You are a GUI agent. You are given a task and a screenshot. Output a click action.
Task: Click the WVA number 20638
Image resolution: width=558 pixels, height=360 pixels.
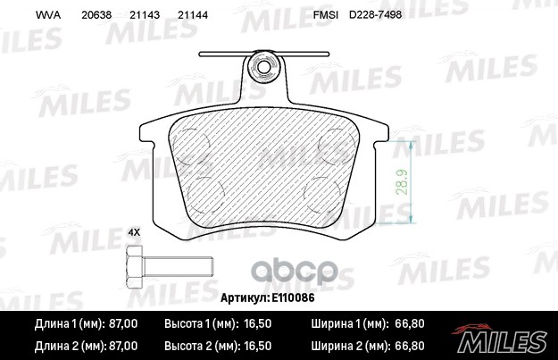[96, 16]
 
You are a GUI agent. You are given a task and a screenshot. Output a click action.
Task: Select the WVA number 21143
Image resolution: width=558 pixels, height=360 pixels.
[145, 16]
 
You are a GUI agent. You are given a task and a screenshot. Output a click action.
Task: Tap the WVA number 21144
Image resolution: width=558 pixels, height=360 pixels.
[194, 16]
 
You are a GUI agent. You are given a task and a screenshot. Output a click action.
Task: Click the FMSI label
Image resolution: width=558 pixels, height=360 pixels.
[325, 16]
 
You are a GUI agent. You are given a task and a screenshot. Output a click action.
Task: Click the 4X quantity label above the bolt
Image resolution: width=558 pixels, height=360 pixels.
[135, 232]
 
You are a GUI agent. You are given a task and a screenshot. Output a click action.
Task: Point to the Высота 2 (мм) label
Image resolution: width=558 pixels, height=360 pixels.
[203, 344]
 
